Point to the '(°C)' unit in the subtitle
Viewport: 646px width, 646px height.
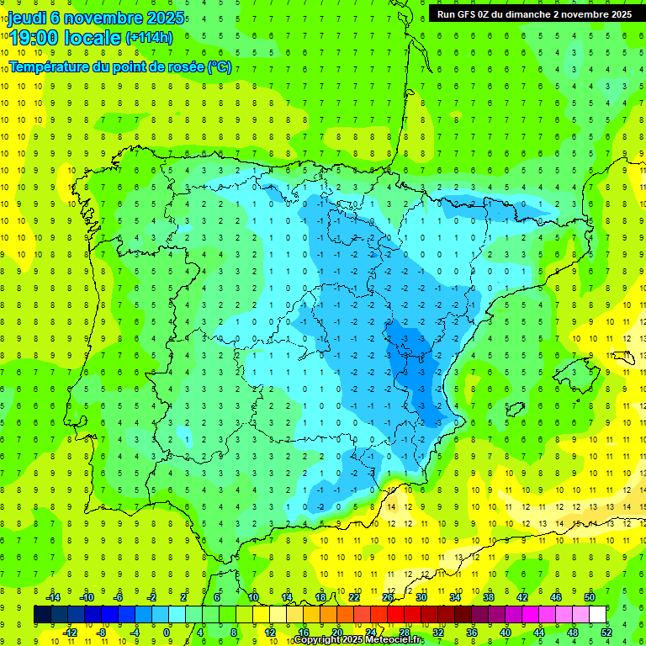pyautogui.click(x=220, y=67)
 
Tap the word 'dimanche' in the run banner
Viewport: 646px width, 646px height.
pyautogui.click(x=528, y=14)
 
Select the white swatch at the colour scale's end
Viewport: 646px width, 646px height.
pyautogui.click(x=598, y=615)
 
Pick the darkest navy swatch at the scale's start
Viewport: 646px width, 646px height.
pyautogui.click(x=42, y=615)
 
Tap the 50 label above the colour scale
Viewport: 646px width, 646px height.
pyautogui.click(x=590, y=598)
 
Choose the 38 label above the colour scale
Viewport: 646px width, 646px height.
pyautogui.click(x=489, y=598)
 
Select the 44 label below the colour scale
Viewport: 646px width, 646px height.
pyautogui.click(x=539, y=633)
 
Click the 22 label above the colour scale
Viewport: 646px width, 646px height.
pyautogui.click(x=354, y=598)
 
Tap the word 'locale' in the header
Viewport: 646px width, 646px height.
pyautogui.click(x=94, y=37)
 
